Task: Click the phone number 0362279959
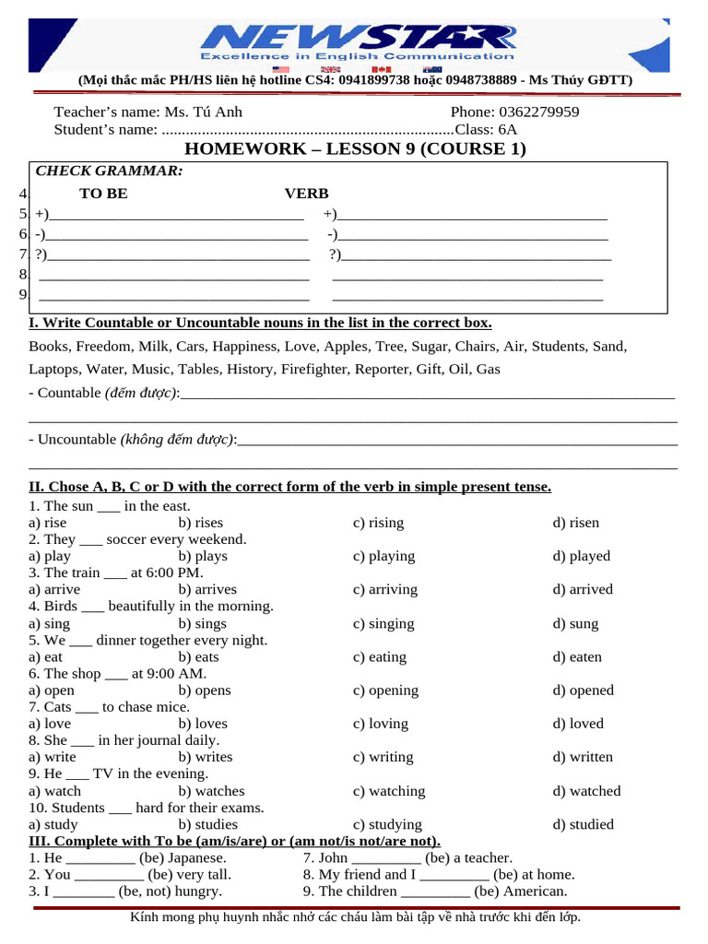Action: pyautogui.click(x=539, y=112)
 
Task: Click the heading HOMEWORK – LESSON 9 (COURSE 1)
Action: pyautogui.click(x=355, y=148)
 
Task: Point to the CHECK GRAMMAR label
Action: pyautogui.click(x=109, y=171)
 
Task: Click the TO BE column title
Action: pyautogui.click(x=103, y=194)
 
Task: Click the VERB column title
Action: pyautogui.click(x=306, y=194)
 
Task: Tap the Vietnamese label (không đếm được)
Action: pyautogui.click(x=177, y=440)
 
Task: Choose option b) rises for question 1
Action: pyautogui.click(x=201, y=523)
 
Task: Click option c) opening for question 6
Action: pyautogui.click(x=385, y=690)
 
